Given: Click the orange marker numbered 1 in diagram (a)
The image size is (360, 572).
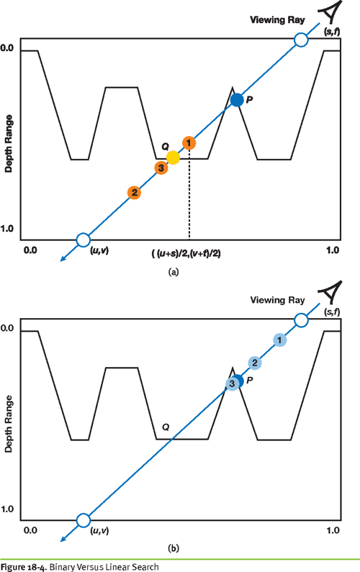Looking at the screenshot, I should coord(188,143).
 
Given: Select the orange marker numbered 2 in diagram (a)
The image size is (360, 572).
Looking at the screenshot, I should coord(134,193).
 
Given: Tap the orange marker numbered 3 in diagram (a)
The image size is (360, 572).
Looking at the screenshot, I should coord(161,168).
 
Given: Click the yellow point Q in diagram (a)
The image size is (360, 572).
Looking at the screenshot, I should coord(173,157).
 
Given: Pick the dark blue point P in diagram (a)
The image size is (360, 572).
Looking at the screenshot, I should coord(236,101).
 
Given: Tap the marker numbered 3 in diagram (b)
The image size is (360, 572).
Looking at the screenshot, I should coord(232,383).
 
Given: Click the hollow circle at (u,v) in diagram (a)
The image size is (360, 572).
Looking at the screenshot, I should coord(83,240).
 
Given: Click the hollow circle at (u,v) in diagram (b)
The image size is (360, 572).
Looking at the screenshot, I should coord(83,519).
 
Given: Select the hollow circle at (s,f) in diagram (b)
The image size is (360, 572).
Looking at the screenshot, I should coord(302,320).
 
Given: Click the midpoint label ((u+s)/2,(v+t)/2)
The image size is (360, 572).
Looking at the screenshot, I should coord(191,253).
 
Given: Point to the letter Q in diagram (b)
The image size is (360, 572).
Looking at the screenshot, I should coord(165,427).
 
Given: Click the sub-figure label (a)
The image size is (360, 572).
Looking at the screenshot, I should coord(172,272).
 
